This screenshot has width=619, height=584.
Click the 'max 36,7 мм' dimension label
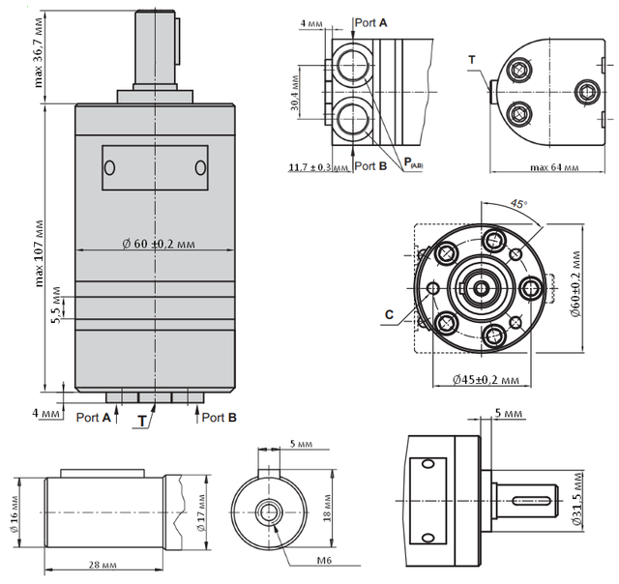click(39, 52)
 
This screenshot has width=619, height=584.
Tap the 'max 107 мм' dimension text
click(39, 253)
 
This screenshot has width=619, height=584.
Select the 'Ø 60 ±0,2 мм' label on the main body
click(159, 244)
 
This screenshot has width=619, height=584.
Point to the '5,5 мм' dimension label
click(57, 305)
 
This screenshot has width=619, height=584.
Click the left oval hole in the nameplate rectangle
click(109, 167)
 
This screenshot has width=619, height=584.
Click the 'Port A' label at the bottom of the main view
click(93, 417)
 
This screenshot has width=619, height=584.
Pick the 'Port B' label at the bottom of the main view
click(220, 417)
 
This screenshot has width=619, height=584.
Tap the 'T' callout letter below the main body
click(142, 422)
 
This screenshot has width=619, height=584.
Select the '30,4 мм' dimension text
click(294, 93)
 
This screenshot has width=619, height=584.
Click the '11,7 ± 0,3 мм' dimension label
click(318, 167)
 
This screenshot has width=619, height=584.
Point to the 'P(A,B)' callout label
click(413, 162)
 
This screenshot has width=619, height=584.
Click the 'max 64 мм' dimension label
click(554, 167)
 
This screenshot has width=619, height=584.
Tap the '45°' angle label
click(518, 204)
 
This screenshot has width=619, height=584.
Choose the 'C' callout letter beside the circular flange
click(389, 314)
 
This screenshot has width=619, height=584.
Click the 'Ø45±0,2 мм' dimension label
click(486, 380)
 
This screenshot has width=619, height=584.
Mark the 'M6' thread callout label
click(324, 560)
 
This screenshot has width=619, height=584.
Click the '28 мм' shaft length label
click(103, 565)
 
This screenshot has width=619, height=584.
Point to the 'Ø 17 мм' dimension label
click(202, 512)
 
